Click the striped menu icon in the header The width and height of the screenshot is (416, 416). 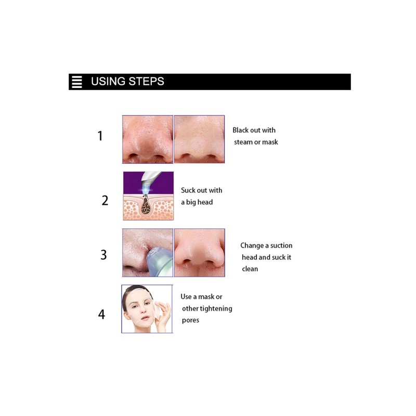[77, 82]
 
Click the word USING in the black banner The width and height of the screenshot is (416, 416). [108, 82]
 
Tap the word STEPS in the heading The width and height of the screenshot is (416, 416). [146, 82]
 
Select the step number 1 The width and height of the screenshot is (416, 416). [100, 136]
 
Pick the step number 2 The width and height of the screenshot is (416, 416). [105, 200]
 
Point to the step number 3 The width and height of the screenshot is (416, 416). [103, 255]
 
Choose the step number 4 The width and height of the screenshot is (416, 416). [101, 315]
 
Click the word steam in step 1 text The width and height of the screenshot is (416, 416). [243, 142]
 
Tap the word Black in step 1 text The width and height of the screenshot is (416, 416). [241, 130]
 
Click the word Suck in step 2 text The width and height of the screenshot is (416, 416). [187, 190]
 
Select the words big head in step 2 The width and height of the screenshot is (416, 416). [200, 202]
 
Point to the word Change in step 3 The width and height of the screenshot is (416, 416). [252, 245]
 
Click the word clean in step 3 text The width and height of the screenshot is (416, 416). [250, 269]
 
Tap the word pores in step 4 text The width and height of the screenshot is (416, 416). [190, 320]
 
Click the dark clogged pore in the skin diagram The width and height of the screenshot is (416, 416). [146, 206]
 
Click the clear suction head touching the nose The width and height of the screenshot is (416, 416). [159, 262]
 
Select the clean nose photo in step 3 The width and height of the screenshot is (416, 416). [200, 253]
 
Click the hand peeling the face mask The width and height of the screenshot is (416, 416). [164, 316]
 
